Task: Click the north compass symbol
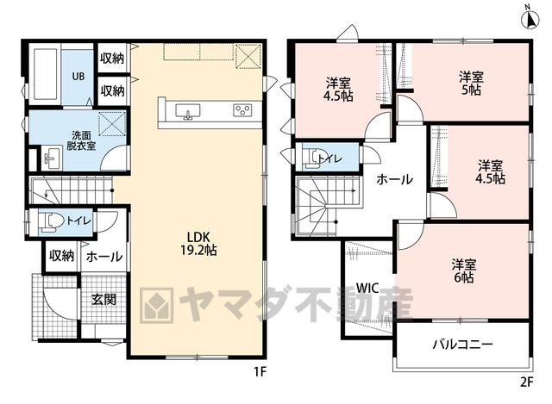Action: tap(530, 16)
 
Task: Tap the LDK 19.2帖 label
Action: tap(198, 243)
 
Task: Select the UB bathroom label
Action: tap(78, 76)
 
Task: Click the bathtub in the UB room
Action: tap(46, 74)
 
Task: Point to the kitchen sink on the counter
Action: tap(188, 111)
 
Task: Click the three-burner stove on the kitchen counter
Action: tap(242, 110)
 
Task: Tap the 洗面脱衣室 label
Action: tap(81, 140)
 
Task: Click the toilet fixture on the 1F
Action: tap(50, 222)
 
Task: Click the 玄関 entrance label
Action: tap(103, 299)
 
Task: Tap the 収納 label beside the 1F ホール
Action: tap(61, 256)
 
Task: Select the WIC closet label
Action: tap(367, 289)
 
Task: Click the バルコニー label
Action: tap(462, 345)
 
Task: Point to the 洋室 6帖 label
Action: tap(464, 271)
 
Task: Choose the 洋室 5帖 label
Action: tap(471, 84)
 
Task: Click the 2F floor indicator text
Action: tap(526, 382)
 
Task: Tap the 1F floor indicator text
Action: tap(260, 371)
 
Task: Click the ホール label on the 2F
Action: tap(394, 179)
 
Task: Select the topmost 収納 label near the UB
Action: tap(112, 58)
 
